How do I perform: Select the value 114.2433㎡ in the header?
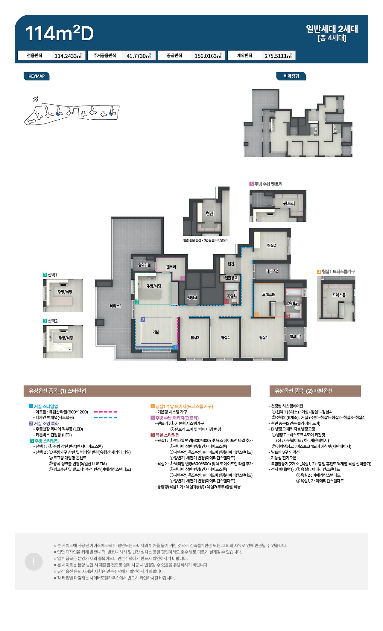tap(68, 56)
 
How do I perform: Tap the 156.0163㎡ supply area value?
tap(208, 56)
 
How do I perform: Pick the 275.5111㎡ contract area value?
tap(278, 56)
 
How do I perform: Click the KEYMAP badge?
tap(37, 76)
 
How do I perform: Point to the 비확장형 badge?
tap(291, 76)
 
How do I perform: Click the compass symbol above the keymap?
tap(35, 100)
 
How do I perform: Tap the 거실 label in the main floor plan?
tap(156, 332)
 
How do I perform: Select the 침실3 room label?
tap(195, 338)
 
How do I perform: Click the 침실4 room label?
tap(225, 338)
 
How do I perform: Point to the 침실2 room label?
tap(271, 246)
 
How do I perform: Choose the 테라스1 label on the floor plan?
tap(115, 306)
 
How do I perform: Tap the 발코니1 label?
tap(296, 336)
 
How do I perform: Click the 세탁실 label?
tap(192, 298)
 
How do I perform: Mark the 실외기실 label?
tap(144, 265)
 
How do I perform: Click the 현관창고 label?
tap(231, 278)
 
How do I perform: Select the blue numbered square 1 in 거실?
tap(175, 347)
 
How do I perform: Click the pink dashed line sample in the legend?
tap(105, 412)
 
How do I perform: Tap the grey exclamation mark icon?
tap(34, 562)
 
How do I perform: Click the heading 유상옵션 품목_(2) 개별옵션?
tap(303, 391)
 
